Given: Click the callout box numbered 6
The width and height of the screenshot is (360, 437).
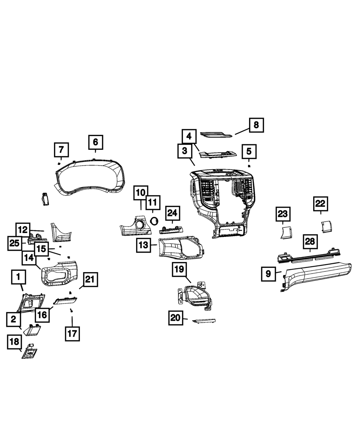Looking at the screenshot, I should [95, 142].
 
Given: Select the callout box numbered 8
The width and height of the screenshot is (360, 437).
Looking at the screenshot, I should [256, 125].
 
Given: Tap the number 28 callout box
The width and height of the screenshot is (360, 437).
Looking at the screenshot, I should [310, 242].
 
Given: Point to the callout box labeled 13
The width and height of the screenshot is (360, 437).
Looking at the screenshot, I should [143, 245].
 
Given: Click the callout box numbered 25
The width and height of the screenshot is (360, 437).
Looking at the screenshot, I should [14, 244].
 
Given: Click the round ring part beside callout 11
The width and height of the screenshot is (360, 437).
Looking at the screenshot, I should [154, 221].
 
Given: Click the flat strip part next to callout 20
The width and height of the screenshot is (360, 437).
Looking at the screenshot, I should [204, 320].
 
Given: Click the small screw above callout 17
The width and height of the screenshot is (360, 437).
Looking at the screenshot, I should [72, 310].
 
